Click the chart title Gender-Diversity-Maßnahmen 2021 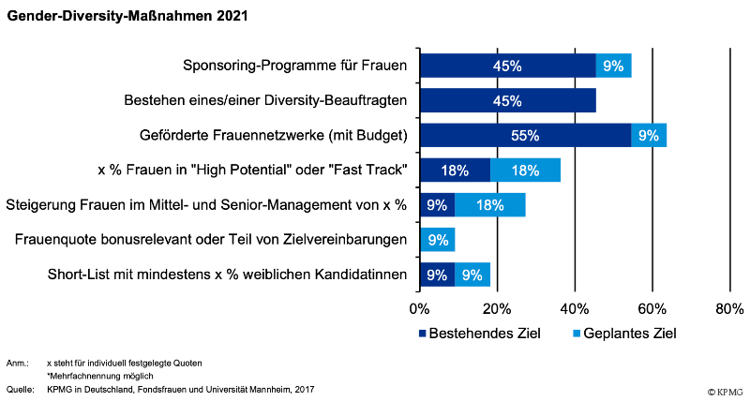pyautogui.click(x=128, y=16)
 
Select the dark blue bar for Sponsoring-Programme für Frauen pyautogui.click(x=507, y=66)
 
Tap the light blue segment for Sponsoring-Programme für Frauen pyautogui.click(x=613, y=66)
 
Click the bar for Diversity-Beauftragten pyautogui.click(x=507, y=100)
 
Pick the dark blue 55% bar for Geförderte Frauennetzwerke pyautogui.click(x=525, y=135)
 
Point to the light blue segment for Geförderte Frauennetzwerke pyautogui.click(x=649, y=135)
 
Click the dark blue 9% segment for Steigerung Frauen pyautogui.click(x=437, y=204)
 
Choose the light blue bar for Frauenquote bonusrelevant pyautogui.click(x=437, y=240)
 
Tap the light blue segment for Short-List pyautogui.click(x=472, y=275)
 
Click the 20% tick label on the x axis pyautogui.click(x=497, y=308)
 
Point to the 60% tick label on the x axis pyautogui.click(x=652, y=308)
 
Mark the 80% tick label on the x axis pyautogui.click(x=728, y=308)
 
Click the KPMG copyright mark pyautogui.click(x=725, y=388)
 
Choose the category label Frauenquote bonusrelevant pyautogui.click(x=211, y=240)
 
